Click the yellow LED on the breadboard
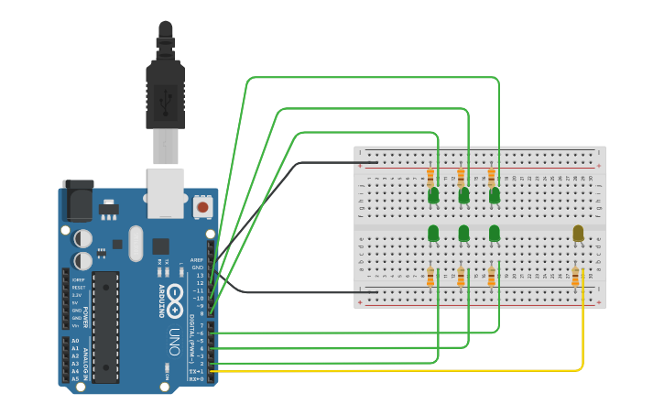pos(578,234)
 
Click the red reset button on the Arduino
pos(202,208)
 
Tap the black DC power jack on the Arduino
pos(77,200)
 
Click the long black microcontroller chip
pos(106,326)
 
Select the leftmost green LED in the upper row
pos(433,195)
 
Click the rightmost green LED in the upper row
pos(495,195)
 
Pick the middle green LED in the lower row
pos(463,233)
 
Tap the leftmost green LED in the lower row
pos(433,233)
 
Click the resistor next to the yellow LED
pos(576,276)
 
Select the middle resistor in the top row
pos(461,177)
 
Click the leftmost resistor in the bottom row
pos(430,276)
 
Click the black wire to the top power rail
pos(321,163)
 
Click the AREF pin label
pos(197,259)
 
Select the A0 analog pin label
pos(75,340)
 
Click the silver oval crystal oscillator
pos(136,243)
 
